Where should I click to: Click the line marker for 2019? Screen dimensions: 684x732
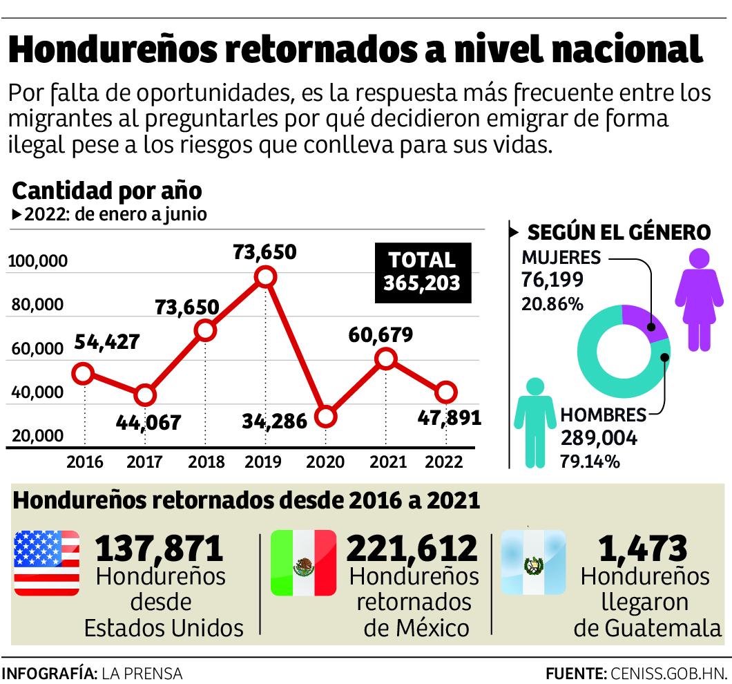point(265,277)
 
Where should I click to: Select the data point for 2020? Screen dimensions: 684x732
point(327,417)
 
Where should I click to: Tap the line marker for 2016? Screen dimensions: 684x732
point(83,374)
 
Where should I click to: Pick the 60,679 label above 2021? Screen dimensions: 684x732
point(381,335)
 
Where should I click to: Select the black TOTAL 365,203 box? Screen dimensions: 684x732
point(423,272)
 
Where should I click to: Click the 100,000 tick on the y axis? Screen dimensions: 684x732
point(37,261)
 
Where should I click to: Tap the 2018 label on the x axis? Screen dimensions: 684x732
point(206,462)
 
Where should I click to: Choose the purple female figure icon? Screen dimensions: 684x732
point(700,298)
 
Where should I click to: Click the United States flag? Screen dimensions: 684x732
point(46,563)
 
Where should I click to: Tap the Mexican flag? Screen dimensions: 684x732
point(303,563)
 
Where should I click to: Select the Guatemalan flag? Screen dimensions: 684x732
point(532,563)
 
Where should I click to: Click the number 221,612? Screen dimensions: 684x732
point(412,549)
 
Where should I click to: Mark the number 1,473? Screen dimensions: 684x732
point(644,549)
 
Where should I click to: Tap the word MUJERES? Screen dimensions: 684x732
point(561,258)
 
